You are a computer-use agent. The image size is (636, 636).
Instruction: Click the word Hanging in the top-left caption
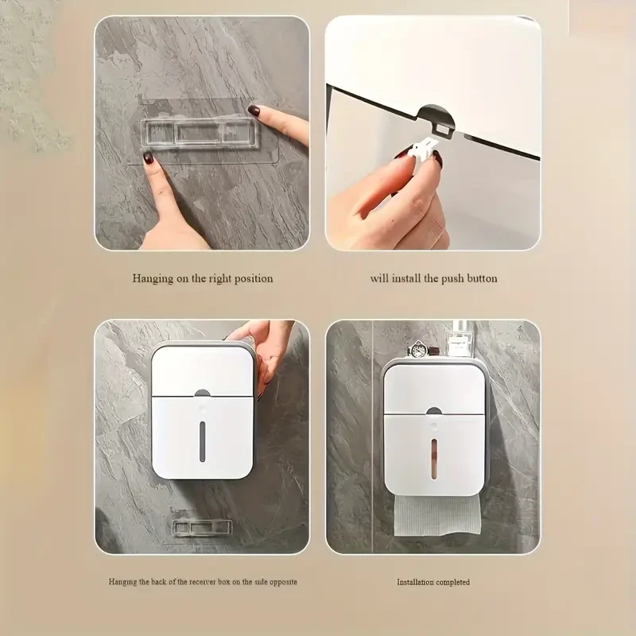point(153,279)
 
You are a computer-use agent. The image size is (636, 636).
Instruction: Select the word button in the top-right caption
point(482,279)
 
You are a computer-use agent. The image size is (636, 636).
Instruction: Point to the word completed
point(452,582)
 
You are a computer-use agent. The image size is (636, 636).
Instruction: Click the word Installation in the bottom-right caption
point(415,582)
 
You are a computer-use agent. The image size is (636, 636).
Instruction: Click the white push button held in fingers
point(421,150)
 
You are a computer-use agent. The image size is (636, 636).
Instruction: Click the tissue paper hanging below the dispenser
point(436,514)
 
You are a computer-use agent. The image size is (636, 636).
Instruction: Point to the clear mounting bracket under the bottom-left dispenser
point(202,527)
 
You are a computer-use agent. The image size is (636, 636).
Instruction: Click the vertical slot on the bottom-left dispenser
point(202,441)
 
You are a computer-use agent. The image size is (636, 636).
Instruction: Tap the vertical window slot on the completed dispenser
point(434,459)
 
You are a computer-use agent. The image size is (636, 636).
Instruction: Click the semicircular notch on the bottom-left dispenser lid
point(202,393)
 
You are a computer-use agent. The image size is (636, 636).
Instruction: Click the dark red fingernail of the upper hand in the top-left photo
point(254,111)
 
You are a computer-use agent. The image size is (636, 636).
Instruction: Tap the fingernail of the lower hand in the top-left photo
point(148,157)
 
